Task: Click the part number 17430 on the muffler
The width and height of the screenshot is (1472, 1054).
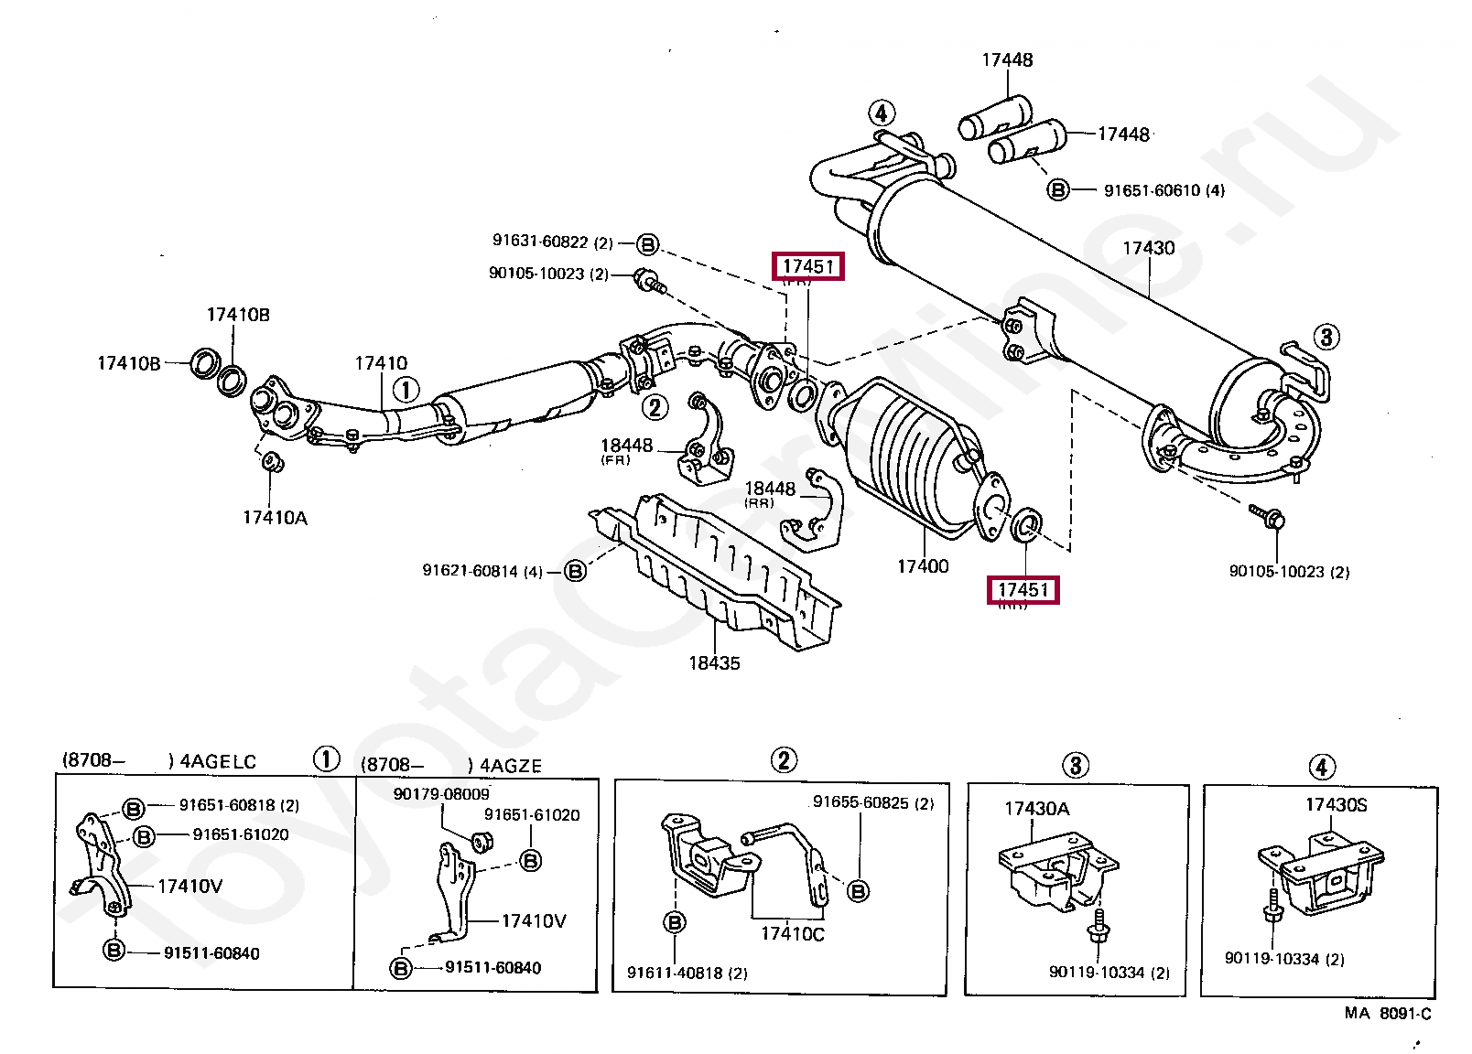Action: click(1148, 248)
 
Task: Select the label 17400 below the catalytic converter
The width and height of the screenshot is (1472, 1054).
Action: click(923, 566)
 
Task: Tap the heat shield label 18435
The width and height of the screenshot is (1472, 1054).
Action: click(714, 662)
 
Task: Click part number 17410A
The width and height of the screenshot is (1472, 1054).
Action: click(275, 518)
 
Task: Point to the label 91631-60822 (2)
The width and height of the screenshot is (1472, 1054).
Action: click(552, 242)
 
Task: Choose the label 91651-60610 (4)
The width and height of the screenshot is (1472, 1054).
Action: click(1164, 190)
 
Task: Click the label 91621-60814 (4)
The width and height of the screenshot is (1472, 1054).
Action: click(482, 571)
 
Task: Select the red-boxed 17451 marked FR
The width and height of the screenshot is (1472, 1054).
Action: click(807, 266)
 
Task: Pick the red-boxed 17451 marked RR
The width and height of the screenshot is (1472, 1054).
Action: click(1023, 590)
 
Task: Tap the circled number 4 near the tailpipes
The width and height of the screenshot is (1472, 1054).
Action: click(881, 113)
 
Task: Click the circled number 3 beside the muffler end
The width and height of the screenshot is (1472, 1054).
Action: click(1326, 337)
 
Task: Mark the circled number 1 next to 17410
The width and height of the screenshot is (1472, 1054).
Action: click(406, 390)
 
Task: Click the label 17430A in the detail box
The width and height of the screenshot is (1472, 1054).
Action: click(1036, 809)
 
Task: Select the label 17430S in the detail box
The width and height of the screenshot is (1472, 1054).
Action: click(1336, 805)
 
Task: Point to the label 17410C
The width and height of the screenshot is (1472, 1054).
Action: click(793, 934)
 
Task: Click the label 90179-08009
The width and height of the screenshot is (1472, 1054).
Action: click(441, 794)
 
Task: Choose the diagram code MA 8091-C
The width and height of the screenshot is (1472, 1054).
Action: click(1388, 1014)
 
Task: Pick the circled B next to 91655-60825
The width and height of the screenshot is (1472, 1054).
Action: click(858, 890)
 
